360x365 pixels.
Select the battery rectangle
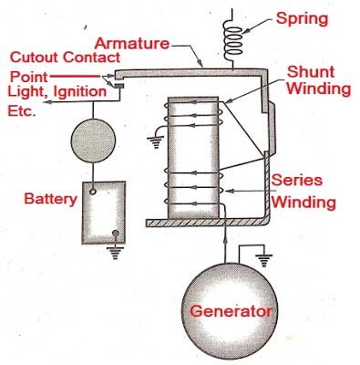[x=104, y=214]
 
